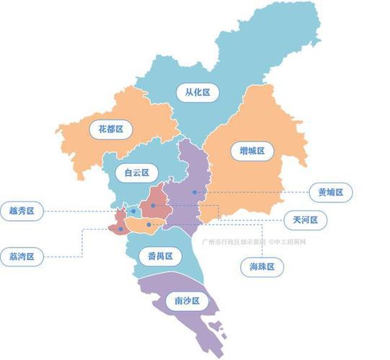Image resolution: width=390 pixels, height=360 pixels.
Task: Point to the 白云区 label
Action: point(136,173)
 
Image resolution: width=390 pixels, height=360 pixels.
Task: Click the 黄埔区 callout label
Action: point(334,192)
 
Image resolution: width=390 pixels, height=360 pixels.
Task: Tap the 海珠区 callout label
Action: point(261,266)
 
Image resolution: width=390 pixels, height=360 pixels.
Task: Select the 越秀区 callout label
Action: point(22,211)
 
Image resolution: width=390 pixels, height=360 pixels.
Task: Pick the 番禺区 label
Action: point(159,256)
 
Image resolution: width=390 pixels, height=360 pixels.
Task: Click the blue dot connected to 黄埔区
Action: point(194,192)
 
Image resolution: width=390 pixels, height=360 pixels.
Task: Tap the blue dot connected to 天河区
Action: point(154,206)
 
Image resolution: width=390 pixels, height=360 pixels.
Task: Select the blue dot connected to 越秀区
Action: point(134,212)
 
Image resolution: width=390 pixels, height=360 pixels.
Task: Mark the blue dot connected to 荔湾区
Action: point(120,229)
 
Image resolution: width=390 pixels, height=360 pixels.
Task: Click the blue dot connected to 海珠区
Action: point(149,225)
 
